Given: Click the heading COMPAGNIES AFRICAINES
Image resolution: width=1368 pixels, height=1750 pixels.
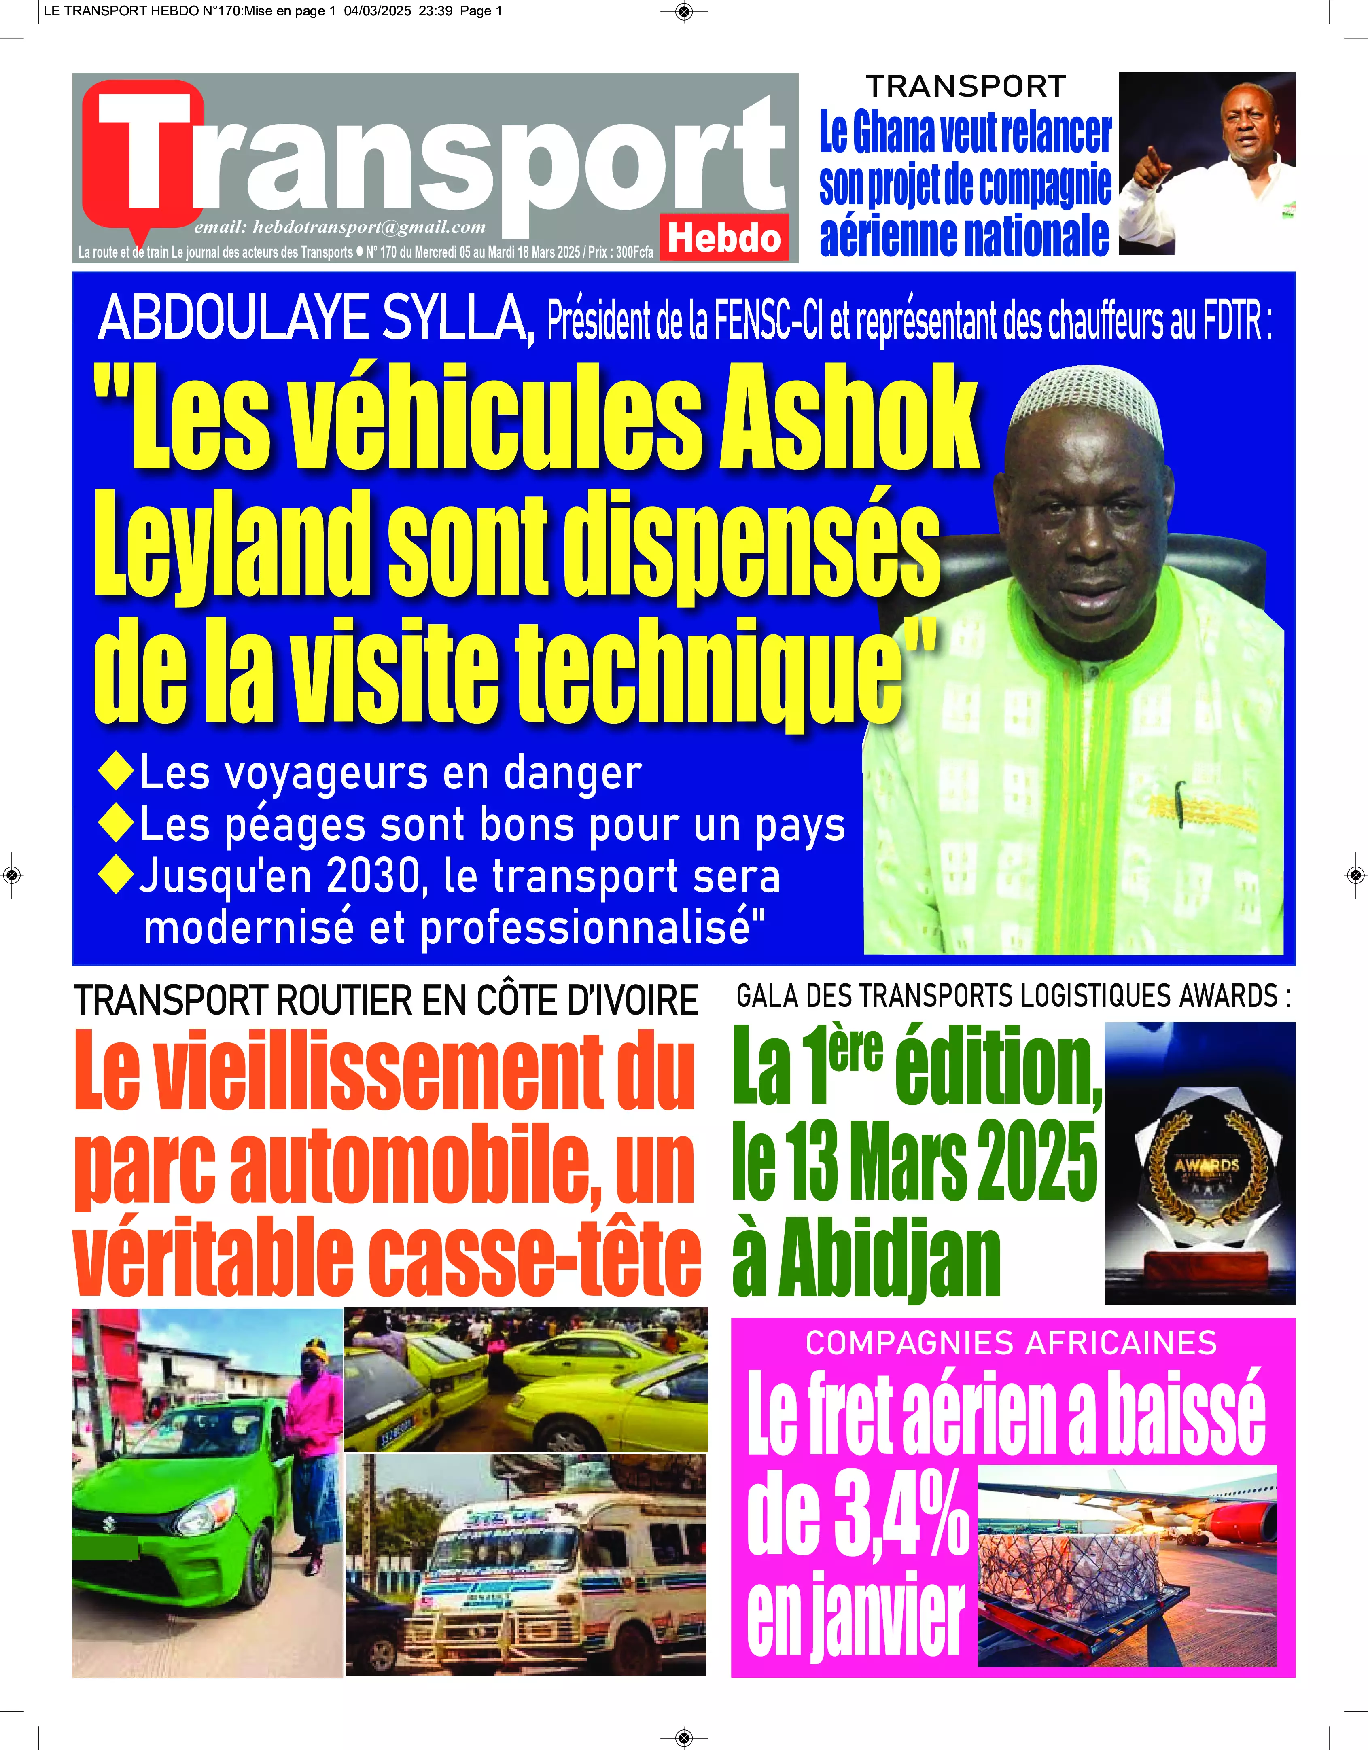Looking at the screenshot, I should coord(1012,1343).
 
